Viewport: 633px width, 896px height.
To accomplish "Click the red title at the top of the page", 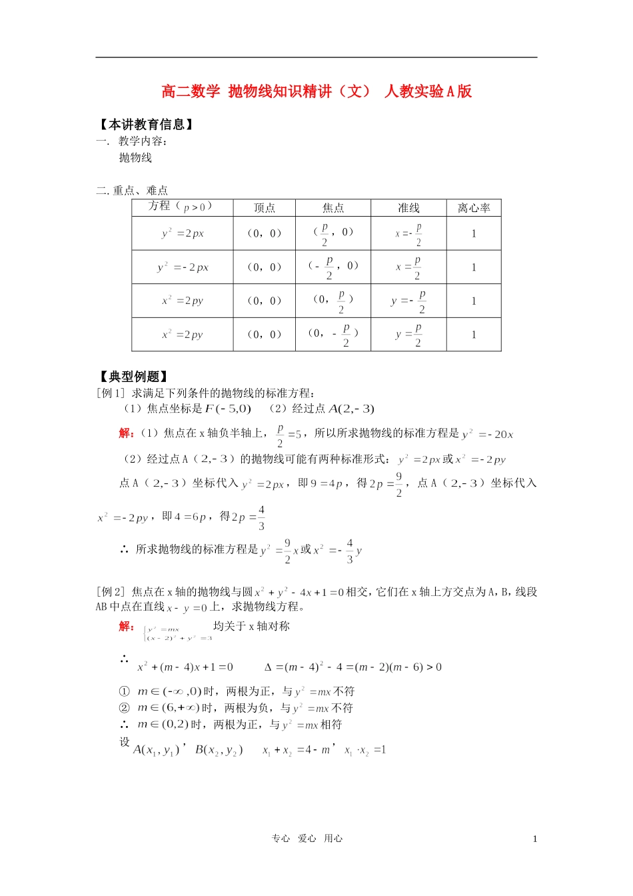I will (x=316, y=91).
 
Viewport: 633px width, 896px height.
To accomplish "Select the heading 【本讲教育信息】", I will (x=145, y=125).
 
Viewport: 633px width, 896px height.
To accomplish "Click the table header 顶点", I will (x=264, y=208).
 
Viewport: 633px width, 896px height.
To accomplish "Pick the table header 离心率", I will (x=473, y=208).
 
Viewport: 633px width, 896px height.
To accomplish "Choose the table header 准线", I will (x=408, y=208).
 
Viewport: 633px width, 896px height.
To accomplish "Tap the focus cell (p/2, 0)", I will (x=333, y=233).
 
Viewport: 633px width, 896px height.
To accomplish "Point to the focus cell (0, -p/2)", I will (x=333, y=334).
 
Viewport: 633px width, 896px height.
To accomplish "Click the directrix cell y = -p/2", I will (x=408, y=301).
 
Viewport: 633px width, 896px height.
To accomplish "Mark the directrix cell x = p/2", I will (x=408, y=267).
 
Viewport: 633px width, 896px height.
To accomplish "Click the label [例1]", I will (x=111, y=393).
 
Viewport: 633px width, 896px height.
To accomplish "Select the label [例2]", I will (x=111, y=591).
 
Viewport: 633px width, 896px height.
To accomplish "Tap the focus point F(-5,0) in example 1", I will (x=228, y=409).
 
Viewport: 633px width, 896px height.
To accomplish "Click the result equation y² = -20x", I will (x=487, y=434).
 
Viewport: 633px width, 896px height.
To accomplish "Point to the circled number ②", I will (x=124, y=708).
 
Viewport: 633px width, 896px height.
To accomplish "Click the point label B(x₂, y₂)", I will (x=219, y=750).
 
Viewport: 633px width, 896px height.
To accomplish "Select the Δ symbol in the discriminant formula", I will (x=269, y=667).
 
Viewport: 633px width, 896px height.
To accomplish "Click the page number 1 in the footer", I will (x=534, y=839).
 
